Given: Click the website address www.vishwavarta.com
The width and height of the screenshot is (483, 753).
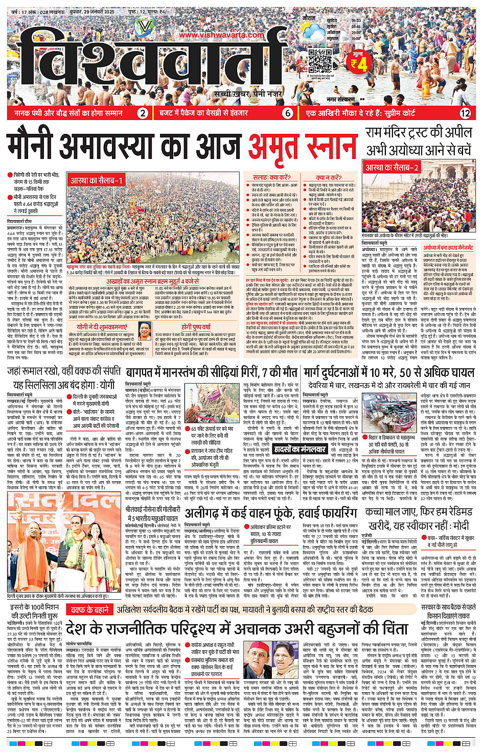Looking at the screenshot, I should tap(221, 35).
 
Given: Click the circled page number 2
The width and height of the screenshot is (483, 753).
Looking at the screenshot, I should tap(143, 113).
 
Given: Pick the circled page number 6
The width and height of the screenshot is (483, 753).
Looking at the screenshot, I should tap(288, 113).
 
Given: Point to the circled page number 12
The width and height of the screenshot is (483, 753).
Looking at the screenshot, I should tap(465, 113).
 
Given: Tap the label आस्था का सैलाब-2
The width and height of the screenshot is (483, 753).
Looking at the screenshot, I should tap(392, 168).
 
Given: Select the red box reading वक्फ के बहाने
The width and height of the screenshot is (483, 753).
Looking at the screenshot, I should tap(89, 609).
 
